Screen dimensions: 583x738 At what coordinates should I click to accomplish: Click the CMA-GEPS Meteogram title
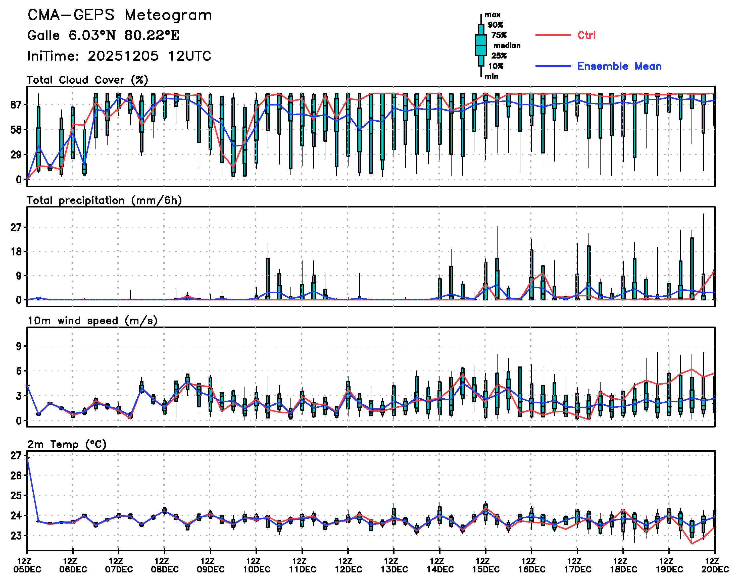point(120,15)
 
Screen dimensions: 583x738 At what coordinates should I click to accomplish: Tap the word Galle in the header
point(44,35)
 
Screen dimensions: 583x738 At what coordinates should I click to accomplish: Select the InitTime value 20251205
point(123,56)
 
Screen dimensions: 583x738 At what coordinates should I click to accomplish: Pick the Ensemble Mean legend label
point(619,66)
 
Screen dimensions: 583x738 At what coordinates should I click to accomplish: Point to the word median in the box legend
point(507,45)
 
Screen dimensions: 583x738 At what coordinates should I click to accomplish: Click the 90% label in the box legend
point(495,25)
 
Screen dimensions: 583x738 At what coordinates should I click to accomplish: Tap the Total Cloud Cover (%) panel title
point(87,80)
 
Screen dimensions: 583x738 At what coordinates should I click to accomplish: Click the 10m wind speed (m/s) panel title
point(92,321)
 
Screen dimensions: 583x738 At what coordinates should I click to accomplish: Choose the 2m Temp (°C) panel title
point(67,444)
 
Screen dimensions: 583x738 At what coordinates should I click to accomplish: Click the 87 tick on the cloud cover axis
point(16,105)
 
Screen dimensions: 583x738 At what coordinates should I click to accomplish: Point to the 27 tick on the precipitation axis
point(16,227)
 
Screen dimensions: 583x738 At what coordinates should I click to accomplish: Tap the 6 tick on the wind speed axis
point(18,371)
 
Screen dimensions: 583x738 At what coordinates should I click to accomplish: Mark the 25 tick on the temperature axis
point(16,495)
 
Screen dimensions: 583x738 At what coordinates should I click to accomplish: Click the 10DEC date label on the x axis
point(257,569)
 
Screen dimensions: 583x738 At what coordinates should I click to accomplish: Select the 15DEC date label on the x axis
point(486,569)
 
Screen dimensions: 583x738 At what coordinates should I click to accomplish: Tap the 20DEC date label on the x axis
point(715,569)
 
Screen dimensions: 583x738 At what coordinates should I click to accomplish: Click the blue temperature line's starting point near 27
point(27,458)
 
